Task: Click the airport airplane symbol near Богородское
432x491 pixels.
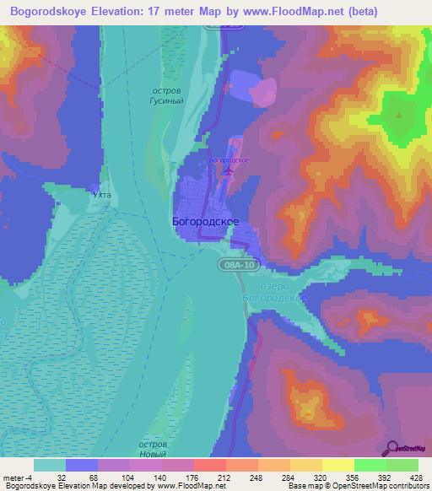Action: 228,171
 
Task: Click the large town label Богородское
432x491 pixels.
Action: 205,221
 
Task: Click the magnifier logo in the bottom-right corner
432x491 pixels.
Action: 393,448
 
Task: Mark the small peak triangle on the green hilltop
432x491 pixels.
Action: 397,112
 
